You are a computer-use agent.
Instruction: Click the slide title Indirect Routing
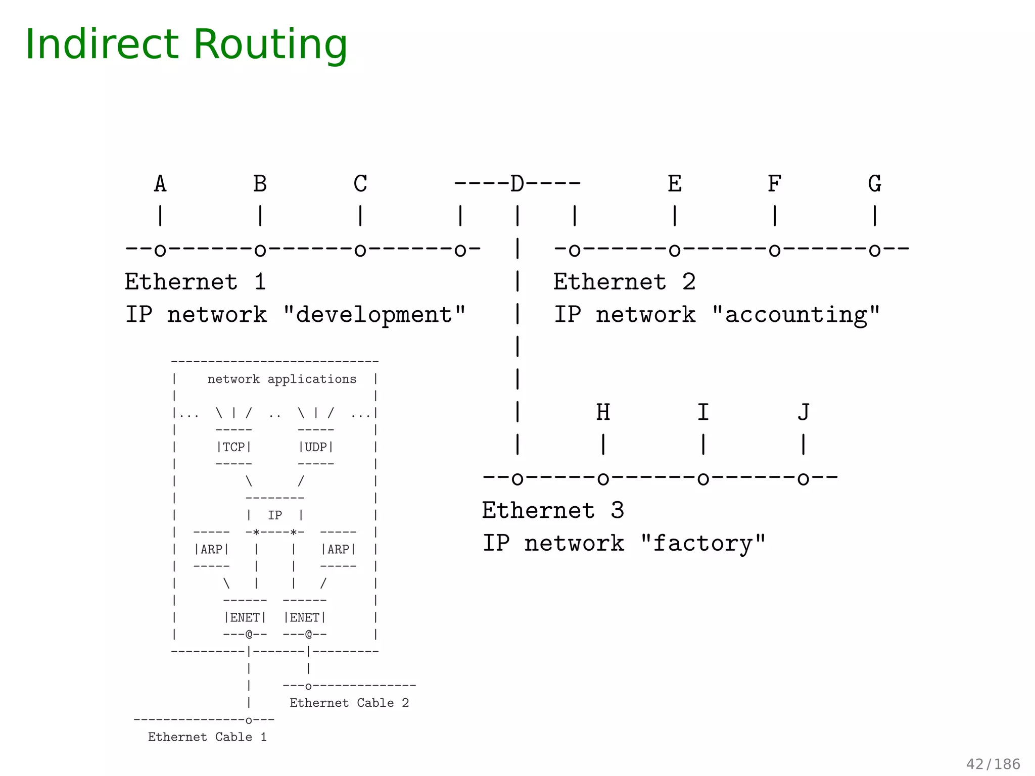coord(186,44)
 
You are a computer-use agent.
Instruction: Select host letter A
coord(160,184)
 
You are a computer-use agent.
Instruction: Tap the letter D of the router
coord(517,184)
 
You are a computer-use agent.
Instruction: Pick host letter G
coord(875,184)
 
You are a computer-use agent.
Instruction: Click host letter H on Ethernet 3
coord(603,413)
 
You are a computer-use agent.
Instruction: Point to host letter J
coord(804,413)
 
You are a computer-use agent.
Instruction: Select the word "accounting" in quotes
coord(795,315)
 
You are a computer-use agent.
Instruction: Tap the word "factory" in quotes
coord(702,544)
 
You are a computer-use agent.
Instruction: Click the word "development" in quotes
coord(374,315)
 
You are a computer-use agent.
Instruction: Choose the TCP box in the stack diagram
coord(234,447)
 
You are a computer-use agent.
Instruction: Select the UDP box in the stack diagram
coord(316,447)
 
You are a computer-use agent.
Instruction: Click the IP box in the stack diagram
coord(275,515)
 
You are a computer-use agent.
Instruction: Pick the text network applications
coord(282,379)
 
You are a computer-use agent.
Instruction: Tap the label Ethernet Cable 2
coord(349,703)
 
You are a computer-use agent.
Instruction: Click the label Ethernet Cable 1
coord(207,737)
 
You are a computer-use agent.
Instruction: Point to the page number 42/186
coord(993,764)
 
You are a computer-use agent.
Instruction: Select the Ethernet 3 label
coord(552,511)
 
